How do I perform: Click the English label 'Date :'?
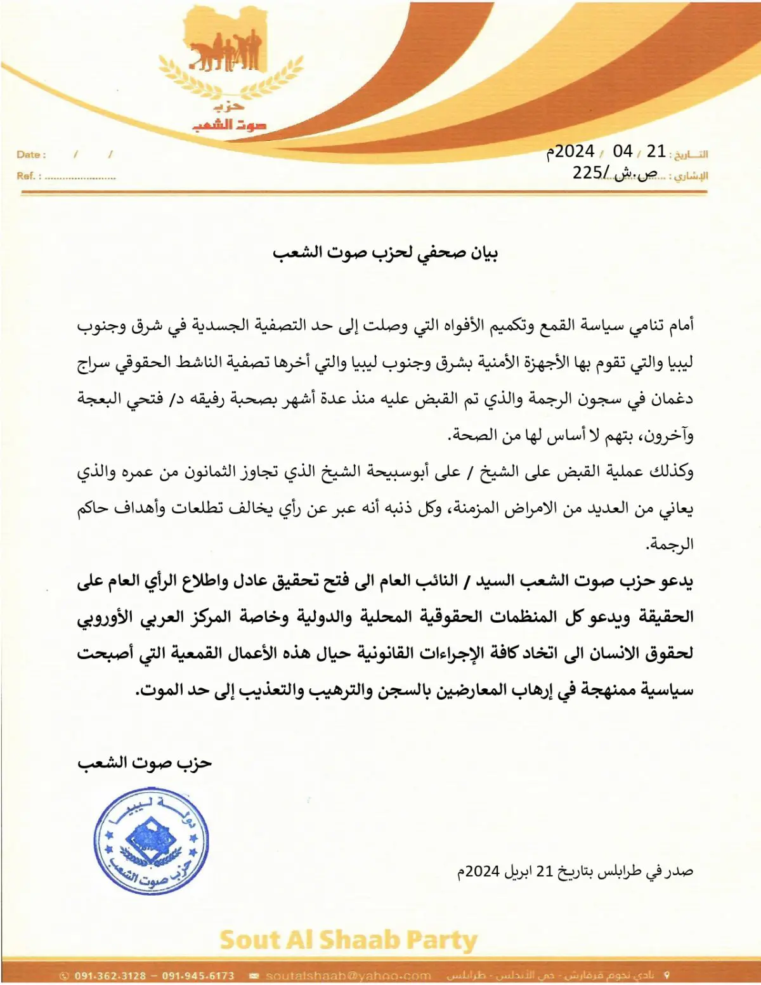(31, 155)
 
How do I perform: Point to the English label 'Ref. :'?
(29, 176)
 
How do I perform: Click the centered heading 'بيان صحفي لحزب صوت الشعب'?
(385, 253)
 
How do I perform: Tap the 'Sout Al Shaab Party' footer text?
(348, 940)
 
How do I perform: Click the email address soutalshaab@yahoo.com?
(348, 975)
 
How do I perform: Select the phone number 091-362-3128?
(110, 975)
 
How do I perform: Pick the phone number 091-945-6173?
(198, 975)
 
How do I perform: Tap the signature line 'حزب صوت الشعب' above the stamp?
(145, 762)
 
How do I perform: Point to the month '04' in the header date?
(623, 152)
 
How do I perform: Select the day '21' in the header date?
(656, 152)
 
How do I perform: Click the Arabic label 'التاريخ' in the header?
(691, 155)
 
